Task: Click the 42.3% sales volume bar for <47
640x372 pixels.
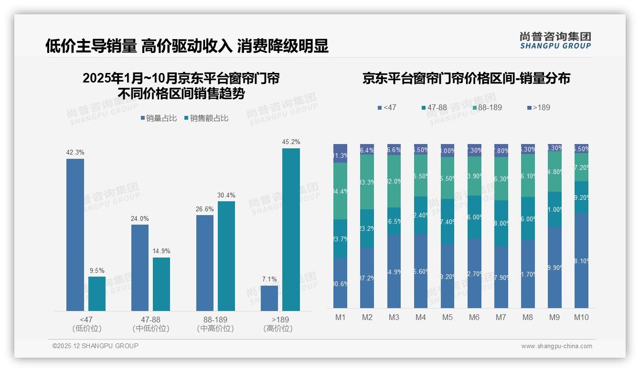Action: tap(75, 235)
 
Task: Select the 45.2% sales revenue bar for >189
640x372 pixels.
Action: tap(291, 229)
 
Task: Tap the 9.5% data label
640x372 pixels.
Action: tap(97, 270)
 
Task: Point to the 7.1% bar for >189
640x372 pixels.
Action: tap(269, 298)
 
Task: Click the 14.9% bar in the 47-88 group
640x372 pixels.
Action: tap(161, 284)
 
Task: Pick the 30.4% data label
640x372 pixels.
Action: tap(226, 195)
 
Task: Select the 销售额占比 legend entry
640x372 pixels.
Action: tap(206, 118)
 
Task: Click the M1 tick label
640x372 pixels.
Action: tap(341, 317)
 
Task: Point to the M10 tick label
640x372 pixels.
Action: tap(581, 317)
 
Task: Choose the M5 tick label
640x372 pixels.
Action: tap(448, 317)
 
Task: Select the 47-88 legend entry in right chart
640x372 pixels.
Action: tap(434, 107)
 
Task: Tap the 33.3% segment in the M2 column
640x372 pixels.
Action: tap(367, 182)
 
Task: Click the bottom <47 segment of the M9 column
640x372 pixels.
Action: tap(555, 267)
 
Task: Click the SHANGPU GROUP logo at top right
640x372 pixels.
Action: tap(555, 41)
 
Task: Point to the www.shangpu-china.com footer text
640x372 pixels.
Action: tap(556, 346)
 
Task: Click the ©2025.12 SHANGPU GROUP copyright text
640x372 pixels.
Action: tap(96, 346)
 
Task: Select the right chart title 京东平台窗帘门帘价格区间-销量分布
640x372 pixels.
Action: tap(466, 79)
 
